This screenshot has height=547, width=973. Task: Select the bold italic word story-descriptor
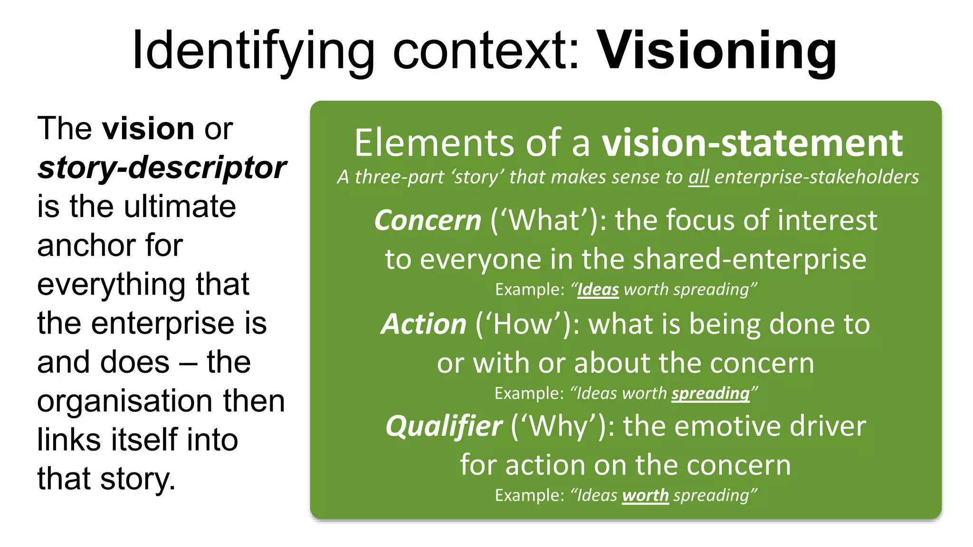point(162,168)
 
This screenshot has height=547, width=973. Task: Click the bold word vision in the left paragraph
point(149,129)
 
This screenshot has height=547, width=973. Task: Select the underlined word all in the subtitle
point(698,177)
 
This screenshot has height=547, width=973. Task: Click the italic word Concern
point(428,220)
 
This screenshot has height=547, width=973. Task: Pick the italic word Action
point(424,324)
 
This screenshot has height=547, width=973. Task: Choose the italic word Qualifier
point(444,426)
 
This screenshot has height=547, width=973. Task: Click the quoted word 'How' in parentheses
point(523,324)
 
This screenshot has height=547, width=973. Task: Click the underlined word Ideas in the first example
point(598,290)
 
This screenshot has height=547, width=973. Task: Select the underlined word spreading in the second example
point(710,393)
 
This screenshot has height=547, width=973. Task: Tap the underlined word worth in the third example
point(645,495)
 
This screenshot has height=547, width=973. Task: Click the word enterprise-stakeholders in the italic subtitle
point(816,177)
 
